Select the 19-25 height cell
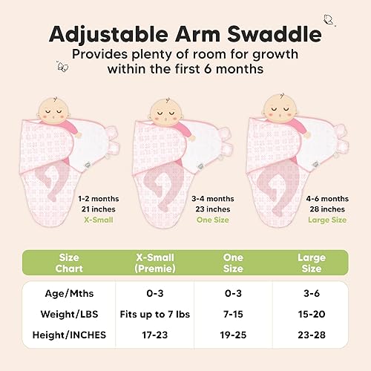coord(233,335)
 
